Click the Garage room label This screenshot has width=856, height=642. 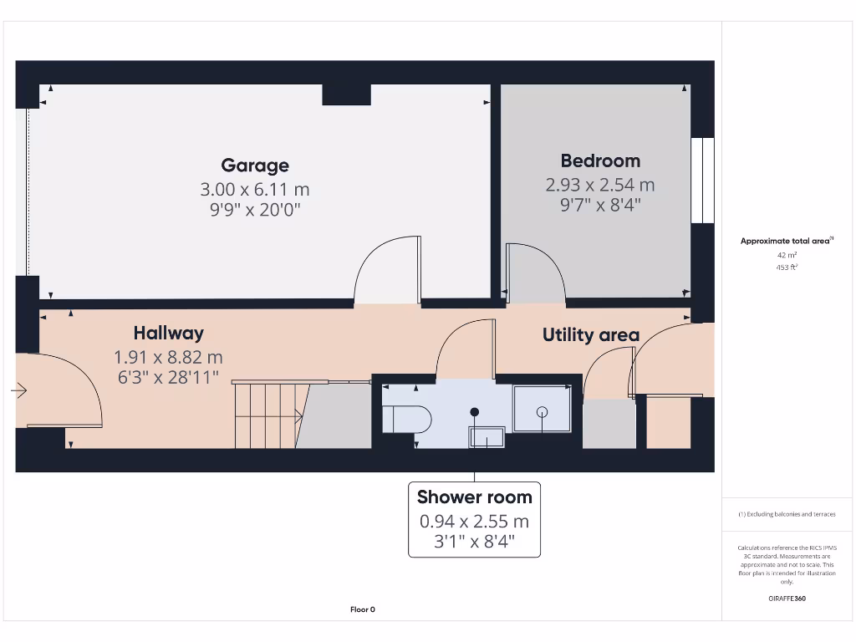point(255,166)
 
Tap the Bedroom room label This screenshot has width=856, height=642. point(600,161)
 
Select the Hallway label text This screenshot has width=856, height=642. point(168,334)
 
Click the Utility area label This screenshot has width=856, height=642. point(591,335)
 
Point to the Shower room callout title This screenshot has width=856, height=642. point(474,497)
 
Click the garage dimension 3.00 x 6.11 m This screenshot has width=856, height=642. point(255,190)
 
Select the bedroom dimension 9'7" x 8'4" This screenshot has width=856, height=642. point(600,204)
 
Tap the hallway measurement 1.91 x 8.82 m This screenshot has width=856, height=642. point(168,358)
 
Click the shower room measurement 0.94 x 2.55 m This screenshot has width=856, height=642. point(474,522)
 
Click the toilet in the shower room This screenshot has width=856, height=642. point(405,419)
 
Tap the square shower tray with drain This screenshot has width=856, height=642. point(542,410)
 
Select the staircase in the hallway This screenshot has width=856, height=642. point(267,414)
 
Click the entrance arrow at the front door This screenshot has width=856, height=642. point(19,390)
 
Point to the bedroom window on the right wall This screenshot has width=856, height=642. point(703,180)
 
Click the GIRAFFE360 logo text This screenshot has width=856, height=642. point(787,599)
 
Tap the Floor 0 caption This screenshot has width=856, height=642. point(362,609)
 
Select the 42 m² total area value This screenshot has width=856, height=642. point(787,254)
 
